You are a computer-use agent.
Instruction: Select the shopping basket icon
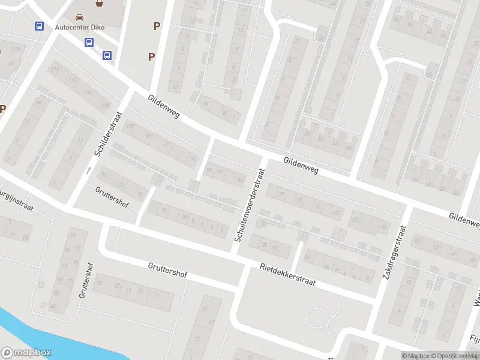coord(100,4)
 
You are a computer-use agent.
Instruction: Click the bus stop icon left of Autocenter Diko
coord(39,26)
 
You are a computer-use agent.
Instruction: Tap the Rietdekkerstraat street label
coord(287,274)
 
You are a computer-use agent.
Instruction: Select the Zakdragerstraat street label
coord(394,253)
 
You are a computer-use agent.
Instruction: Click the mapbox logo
coord(26,353)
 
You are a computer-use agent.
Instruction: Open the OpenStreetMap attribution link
coord(453,356)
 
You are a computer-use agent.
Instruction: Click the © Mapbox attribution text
coord(415,356)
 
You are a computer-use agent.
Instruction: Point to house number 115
coord(73,80)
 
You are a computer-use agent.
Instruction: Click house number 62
coord(175,86)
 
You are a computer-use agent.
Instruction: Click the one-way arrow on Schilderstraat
coord(88,170)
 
